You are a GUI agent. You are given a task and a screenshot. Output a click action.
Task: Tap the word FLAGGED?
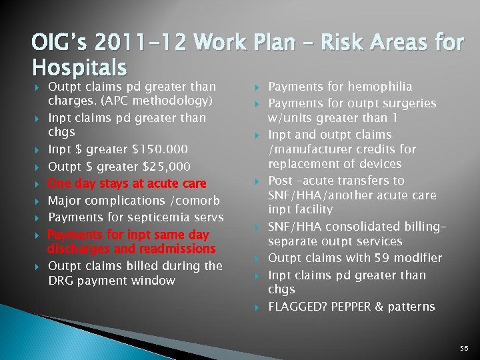coord(297,307)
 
